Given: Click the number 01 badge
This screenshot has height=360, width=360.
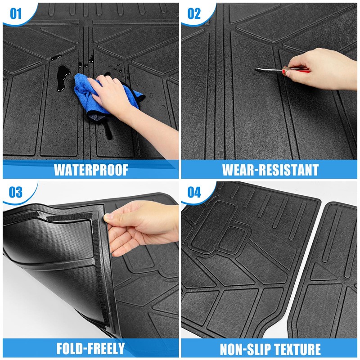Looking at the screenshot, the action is [16, 13].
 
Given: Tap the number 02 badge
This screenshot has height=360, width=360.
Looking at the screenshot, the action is [194, 13].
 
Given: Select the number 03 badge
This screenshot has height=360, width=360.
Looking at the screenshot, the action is [16, 192].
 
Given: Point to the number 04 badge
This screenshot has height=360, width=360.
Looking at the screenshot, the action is [194, 192].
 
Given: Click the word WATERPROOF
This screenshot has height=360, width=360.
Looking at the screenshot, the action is [91, 170].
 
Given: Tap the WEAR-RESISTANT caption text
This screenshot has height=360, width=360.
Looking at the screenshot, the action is [270, 170].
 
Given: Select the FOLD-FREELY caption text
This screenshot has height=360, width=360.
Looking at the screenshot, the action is [91, 348].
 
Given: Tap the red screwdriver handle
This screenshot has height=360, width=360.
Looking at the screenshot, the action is [296, 70].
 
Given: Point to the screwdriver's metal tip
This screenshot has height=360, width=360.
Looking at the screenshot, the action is [255, 69].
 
